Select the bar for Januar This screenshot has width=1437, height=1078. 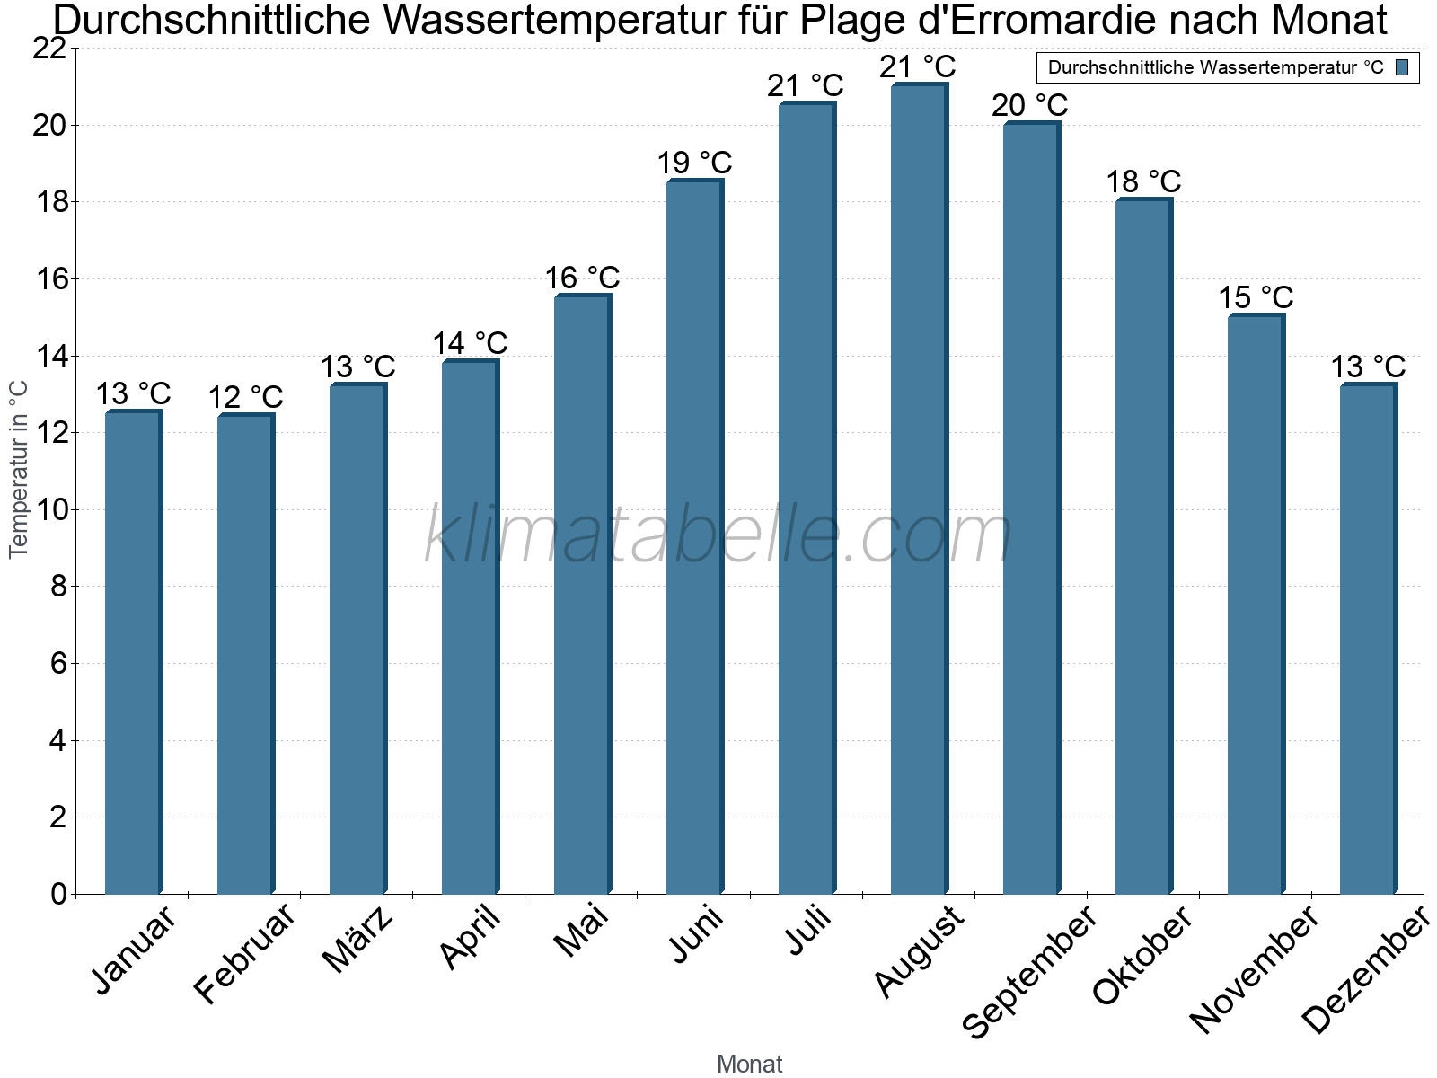(x=133, y=653)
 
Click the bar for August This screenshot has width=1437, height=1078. (x=918, y=490)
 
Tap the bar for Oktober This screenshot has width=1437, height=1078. (x=1142, y=547)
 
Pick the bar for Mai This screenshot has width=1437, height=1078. (x=582, y=595)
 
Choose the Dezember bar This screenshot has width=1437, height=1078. (x=1367, y=640)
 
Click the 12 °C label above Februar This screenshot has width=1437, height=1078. (x=245, y=397)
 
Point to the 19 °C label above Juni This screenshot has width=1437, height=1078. (x=694, y=163)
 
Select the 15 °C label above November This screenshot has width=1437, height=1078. (x=1256, y=297)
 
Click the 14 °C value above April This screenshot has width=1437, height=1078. (x=470, y=343)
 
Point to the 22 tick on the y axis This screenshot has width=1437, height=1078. (x=49, y=49)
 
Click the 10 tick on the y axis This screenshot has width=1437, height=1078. (x=49, y=510)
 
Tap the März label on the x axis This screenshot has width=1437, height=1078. (x=357, y=940)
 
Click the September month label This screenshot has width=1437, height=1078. (x=1029, y=971)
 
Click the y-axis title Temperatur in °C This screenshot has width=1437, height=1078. (x=19, y=469)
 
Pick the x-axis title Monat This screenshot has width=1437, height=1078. (x=749, y=1064)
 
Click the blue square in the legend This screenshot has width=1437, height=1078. (x=1402, y=67)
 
